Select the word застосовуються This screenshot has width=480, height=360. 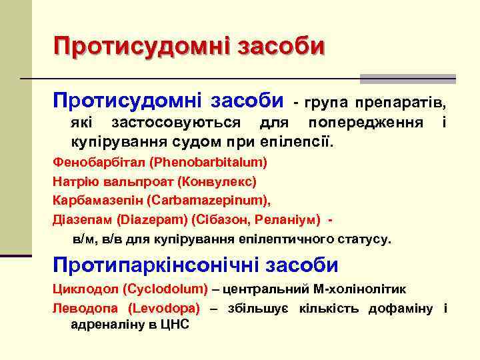pyautogui.click(x=177, y=124)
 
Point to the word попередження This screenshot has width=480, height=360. pyautogui.click(x=365, y=124)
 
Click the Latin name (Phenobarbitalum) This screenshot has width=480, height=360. pyautogui.click(x=208, y=162)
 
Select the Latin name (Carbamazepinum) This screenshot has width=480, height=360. pyautogui.click(x=212, y=199)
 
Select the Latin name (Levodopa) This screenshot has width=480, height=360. pyautogui.click(x=165, y=308)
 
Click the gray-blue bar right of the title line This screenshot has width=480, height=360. pyautogui.click(x=407, y=79)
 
